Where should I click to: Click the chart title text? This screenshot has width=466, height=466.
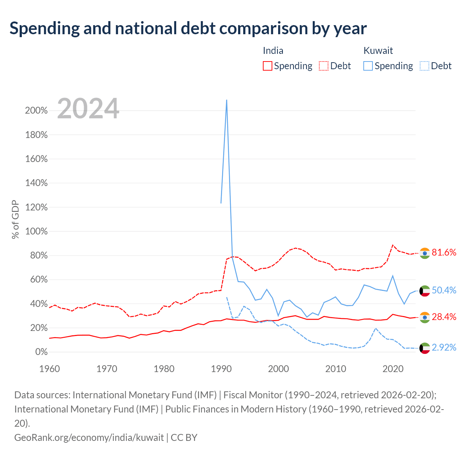pos(188,29)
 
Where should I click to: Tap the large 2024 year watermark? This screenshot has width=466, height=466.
pos(88,108)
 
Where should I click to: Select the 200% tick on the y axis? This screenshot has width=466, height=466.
pos(36,111)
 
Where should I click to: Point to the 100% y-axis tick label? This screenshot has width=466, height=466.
pos(36,232)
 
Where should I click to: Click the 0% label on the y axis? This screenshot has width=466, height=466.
pos(42,352)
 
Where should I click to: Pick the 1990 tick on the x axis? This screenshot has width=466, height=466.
pos(221,369)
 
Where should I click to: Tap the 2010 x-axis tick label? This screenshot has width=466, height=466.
pos(336,369)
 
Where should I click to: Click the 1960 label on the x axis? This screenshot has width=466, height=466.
pos(50,369)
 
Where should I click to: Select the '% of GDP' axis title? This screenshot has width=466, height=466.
pos(15,219)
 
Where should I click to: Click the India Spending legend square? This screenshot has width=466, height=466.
pos(268,66)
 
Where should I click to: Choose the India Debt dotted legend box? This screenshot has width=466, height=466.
pos(324,66)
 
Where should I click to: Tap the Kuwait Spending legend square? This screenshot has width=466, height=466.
pos(368,66)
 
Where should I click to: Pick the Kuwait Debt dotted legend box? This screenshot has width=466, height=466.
pos(424,66)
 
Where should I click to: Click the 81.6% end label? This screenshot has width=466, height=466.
pos(444,252)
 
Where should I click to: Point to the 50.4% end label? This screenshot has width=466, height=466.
pos(444,290)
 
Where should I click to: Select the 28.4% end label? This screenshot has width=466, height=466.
pos(444,317)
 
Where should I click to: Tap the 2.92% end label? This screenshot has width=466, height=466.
pos(444,348)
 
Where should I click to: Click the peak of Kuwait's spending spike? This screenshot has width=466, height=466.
pos(226,100)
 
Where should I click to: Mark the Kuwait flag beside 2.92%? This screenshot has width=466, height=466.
pos(424,348)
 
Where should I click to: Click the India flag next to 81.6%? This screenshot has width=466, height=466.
pos(424,253)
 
